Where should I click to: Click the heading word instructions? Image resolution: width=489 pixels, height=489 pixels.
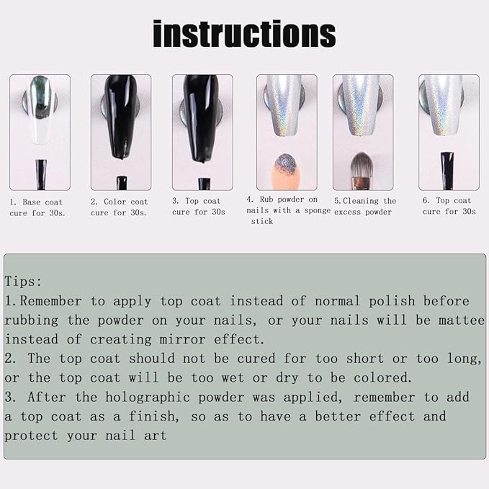pos(244,34)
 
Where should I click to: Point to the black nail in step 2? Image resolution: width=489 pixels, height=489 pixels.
pos(120,115)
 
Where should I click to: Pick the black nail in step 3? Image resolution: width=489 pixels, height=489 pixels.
pos(201,115)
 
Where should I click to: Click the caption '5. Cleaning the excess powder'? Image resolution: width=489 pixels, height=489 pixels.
pos(364,206)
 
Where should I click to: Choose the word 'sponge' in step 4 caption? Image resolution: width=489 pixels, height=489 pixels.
pos(316,210)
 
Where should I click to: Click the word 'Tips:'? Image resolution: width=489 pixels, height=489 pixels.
pos(24,282)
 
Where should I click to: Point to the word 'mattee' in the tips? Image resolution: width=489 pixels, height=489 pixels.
pos(460,320)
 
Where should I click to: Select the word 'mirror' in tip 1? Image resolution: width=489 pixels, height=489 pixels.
pos(214,339)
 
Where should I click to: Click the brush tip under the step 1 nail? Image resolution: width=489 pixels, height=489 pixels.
pos(41,174)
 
